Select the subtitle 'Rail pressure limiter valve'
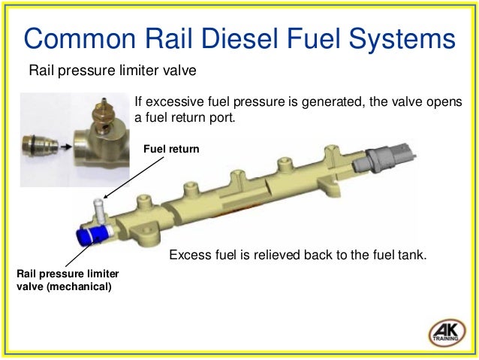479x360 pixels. click(112, 71)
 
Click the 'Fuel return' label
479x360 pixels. click(171, 150)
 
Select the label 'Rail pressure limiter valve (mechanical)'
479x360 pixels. click(68, 279)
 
